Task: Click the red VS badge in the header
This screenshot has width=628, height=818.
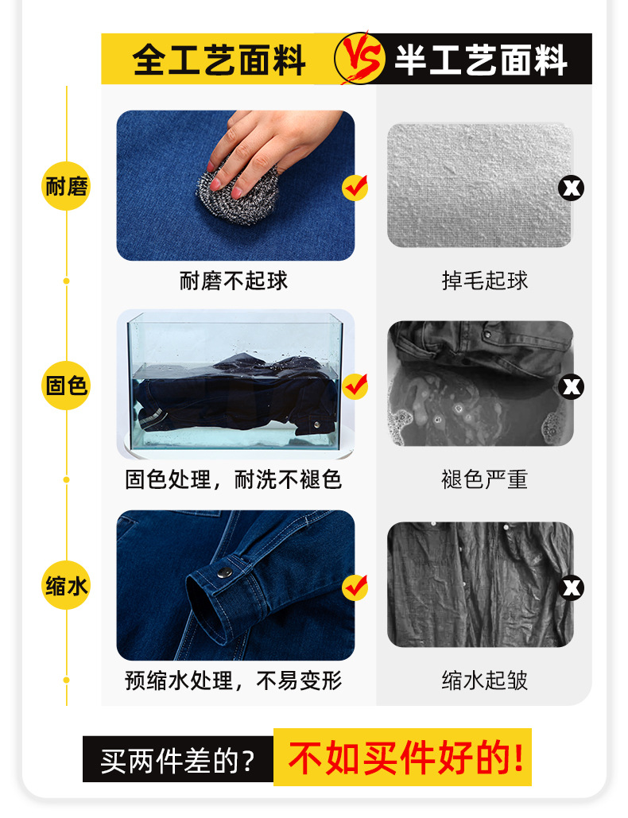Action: click(x=355, y=58)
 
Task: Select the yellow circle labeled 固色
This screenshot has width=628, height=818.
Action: click(x=66, y=387)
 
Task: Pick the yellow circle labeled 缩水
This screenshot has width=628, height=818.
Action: click(x=66, y=587)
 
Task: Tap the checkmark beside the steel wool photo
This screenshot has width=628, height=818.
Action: click(x=355, y=188)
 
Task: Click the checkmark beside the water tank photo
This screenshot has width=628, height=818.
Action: click(x=355, y=386)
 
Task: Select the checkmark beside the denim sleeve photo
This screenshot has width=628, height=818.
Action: click(x=355, y=587)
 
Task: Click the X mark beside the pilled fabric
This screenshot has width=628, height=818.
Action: click(x=572, y=188)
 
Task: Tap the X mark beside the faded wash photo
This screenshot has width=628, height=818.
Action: click(x=572, y=387)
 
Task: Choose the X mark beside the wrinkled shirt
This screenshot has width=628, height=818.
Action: click(x=572, y=588)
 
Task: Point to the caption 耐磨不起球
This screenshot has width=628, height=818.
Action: click(x=234, y=281)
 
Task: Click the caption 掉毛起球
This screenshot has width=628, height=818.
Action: click(x=485, y=281)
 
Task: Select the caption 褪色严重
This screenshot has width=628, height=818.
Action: click(x=485, y=479)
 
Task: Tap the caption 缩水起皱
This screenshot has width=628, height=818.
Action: click(x=485, y=680)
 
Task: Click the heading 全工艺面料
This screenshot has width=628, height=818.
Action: click(x=219, y=60)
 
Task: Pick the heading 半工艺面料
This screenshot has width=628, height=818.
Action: click(x=481, y=60)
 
